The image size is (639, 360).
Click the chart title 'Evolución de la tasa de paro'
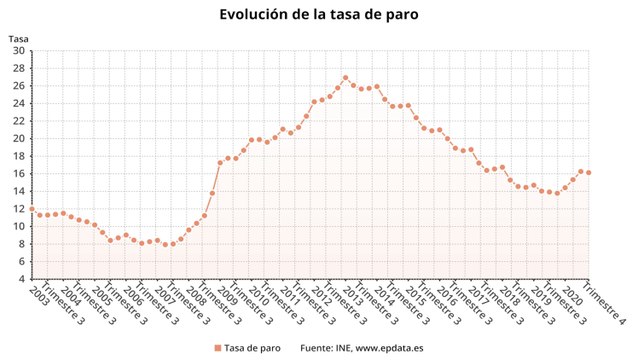(x=319, y=15)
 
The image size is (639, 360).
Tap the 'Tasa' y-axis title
(x=18, y=39)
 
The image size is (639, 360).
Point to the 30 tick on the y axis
(x=19, y=67)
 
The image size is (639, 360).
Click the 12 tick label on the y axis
(x=19, y=208)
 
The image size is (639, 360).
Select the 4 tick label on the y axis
(x=22, y=279)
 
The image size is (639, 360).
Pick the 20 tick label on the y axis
(x=19, y=138)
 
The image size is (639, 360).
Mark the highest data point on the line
(x=345, y=78)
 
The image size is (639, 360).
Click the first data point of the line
(x=32, y=209)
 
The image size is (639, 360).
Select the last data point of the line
(x=588, y=172)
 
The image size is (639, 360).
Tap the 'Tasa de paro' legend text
(x=252, y=347)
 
